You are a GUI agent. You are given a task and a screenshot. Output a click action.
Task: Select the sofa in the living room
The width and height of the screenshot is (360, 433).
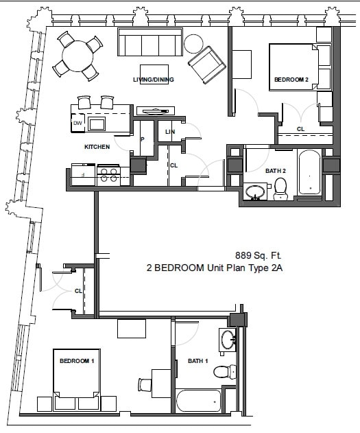(149, 43)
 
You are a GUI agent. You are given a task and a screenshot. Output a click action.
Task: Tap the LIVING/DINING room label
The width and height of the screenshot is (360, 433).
(154, 80)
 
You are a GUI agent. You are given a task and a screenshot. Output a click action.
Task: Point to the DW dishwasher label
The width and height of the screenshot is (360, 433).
(77, 124)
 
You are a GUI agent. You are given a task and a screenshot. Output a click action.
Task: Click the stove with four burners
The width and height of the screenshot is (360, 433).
(108, 174)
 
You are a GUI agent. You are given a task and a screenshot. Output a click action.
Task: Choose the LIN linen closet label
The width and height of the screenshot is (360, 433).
(169, 132)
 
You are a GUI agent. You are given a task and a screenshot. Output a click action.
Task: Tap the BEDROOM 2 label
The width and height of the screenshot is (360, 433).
(291, 80)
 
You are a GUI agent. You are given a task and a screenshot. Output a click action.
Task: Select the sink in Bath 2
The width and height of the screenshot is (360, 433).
(256, 191)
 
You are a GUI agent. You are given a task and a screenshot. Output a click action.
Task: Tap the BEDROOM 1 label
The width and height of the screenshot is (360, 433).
(77, 361)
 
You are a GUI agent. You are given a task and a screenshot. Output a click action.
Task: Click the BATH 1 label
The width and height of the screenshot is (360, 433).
(198, 361)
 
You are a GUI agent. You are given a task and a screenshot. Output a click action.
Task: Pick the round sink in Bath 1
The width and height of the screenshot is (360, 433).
(228, 339)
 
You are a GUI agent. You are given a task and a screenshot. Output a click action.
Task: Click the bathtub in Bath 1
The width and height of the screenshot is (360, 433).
(198, 400)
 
